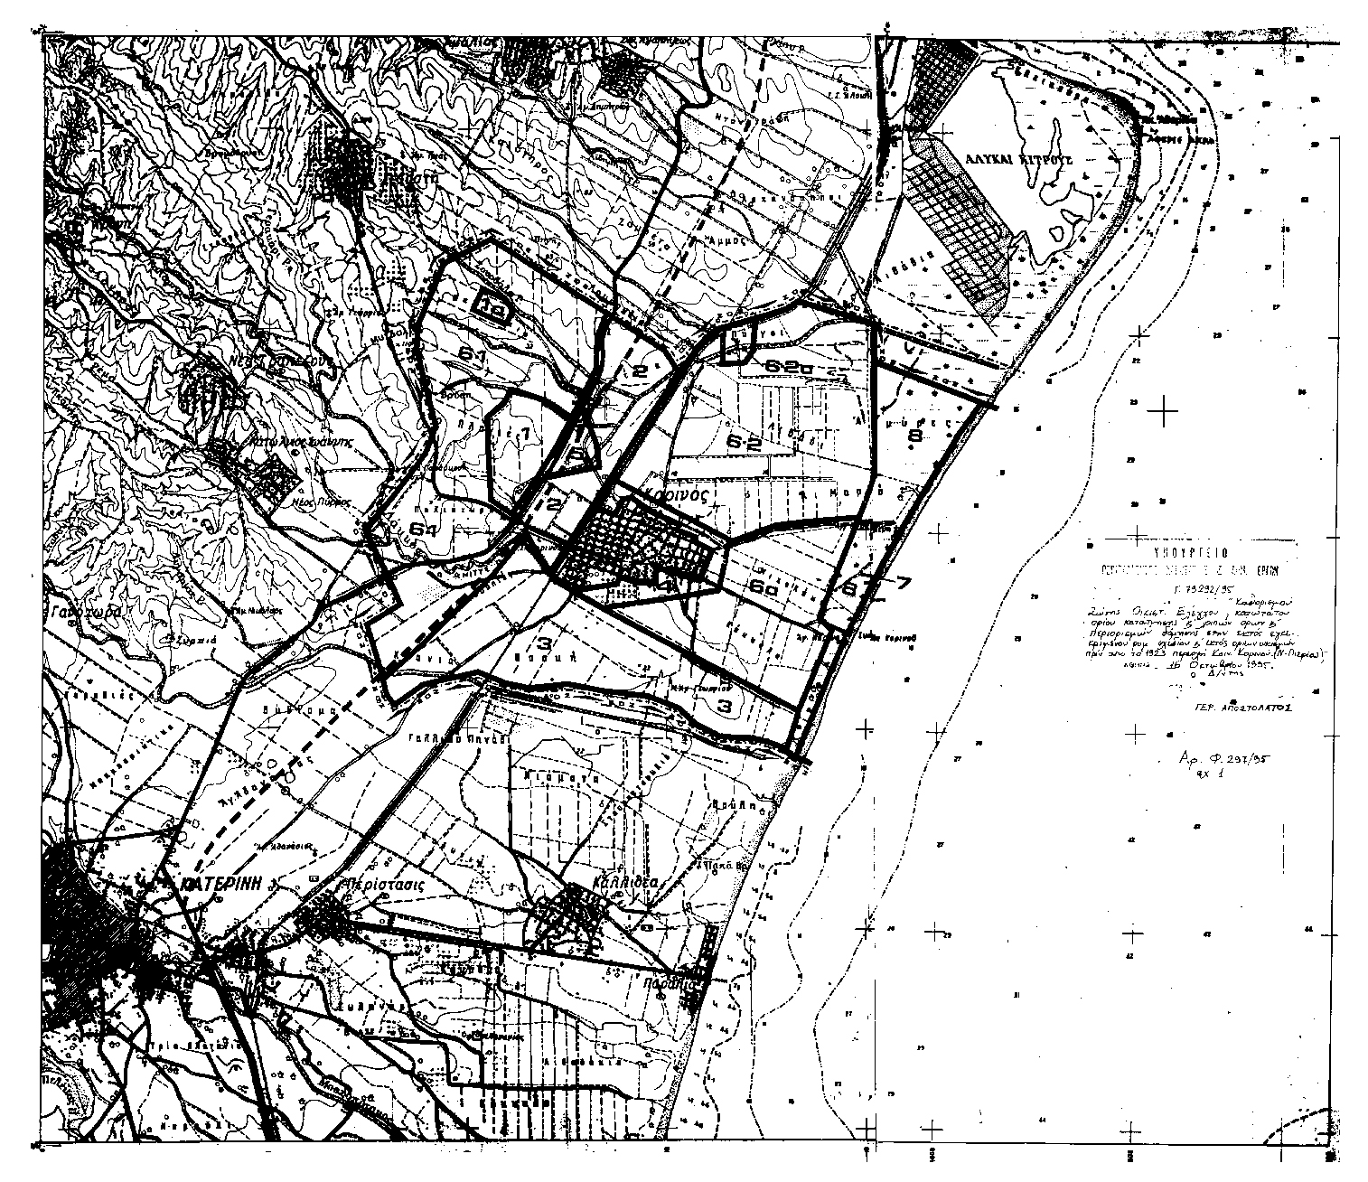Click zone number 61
click(473, 357)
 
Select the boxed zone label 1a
click(492, 306)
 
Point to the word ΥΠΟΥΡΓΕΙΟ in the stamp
click(1190, 550)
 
